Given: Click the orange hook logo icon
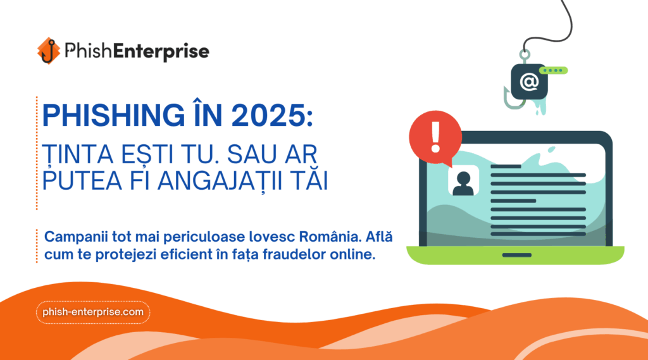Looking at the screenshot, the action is (x=48, y=51).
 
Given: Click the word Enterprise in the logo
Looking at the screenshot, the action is (x=161, y=51).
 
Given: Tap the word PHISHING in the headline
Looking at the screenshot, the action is (x=114, y=115).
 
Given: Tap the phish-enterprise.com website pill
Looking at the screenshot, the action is (x=93, y=312).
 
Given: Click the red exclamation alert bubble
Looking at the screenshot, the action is (x=435, y=139).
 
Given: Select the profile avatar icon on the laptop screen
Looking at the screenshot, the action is (x=463, y=180).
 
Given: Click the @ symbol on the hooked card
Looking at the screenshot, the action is (x=529, y=82).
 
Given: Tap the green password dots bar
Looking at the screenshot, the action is (x=553, y=71).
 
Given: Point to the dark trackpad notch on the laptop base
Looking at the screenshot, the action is (x=516, y=255).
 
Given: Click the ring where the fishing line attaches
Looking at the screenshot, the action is (x=525, y=54).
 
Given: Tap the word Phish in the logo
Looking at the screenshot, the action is (x=88, y=51).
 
